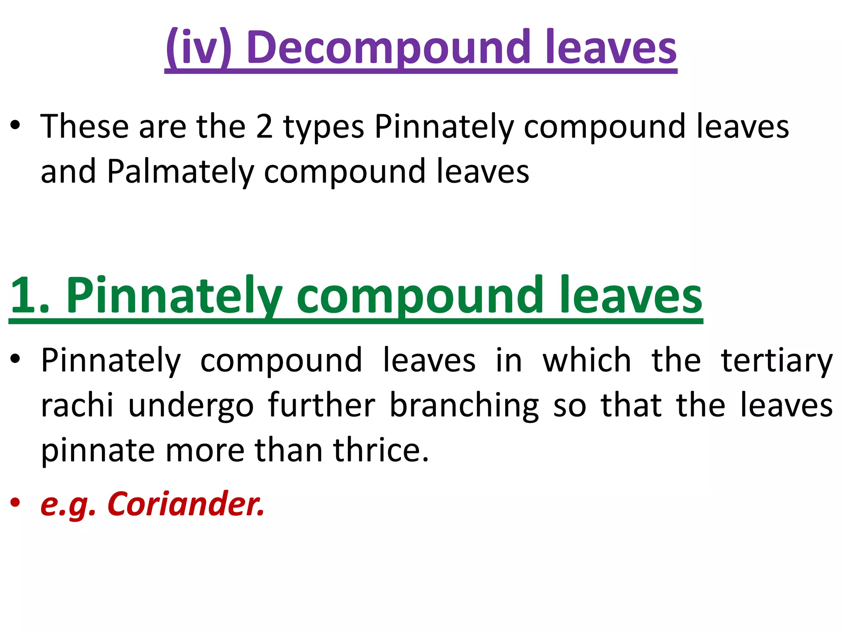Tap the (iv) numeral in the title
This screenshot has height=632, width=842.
[199, 48]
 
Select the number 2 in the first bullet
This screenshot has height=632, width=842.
[264, 127]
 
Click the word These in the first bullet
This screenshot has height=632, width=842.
[84, 127]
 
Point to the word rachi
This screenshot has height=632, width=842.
[77, 406]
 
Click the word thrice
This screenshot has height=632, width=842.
[381, 450]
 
